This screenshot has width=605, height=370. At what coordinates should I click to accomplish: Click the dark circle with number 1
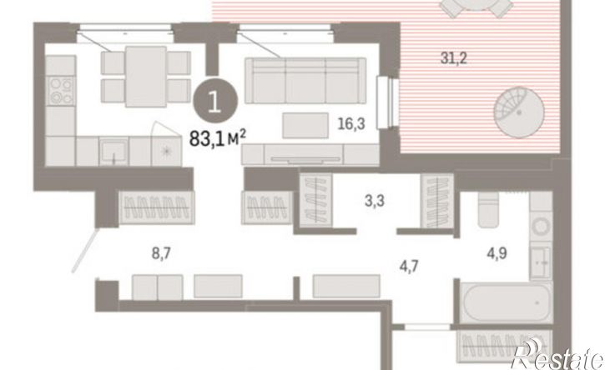[x=215, y=102]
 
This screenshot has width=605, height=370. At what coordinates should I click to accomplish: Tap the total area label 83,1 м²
[x=218, y=138]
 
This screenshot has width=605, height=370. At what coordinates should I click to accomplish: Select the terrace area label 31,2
[x=454, y=58]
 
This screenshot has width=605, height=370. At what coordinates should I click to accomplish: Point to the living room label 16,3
[x=351, y=123]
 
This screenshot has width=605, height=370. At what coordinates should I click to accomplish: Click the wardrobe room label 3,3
[x=375, y=201]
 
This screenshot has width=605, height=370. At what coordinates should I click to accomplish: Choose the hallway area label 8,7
[x=161, y=253]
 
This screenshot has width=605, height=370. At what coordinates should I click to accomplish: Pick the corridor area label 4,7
[x=409, y=266]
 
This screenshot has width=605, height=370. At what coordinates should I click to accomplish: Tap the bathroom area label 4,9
[x=497, y=253]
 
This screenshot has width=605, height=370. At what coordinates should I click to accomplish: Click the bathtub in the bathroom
[x=507, y=302]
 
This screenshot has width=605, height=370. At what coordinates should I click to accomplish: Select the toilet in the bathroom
[x=489, y=208]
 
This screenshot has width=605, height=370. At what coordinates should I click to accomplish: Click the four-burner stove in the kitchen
[x=61, y=90]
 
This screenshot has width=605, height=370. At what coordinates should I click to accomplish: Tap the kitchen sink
[x=113, y=151]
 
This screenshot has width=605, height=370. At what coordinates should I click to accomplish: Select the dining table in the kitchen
[x=146, y=77]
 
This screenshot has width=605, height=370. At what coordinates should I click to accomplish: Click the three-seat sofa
[x=305, y=81]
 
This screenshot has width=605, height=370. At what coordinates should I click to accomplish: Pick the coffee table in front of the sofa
[x=305, y=125]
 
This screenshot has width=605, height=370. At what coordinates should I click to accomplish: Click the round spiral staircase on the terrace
[x=519, y=112]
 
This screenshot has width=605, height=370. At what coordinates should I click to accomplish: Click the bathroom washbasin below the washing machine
[x=541, y=262]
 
